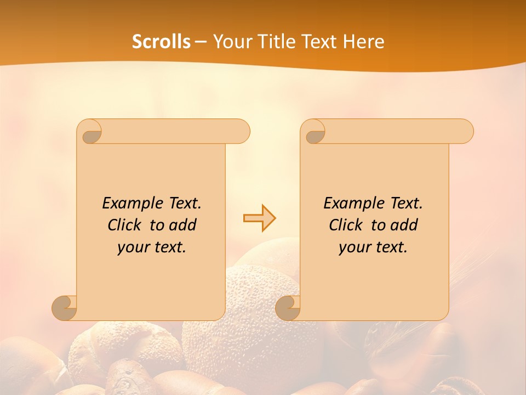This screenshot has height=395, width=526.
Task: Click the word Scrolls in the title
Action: pos(161,42)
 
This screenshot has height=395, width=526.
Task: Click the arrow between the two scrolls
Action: pos(259,218)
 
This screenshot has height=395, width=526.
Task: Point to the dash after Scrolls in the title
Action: pos(201,42)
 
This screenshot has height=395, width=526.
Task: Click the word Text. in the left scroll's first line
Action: pos(183,203)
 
